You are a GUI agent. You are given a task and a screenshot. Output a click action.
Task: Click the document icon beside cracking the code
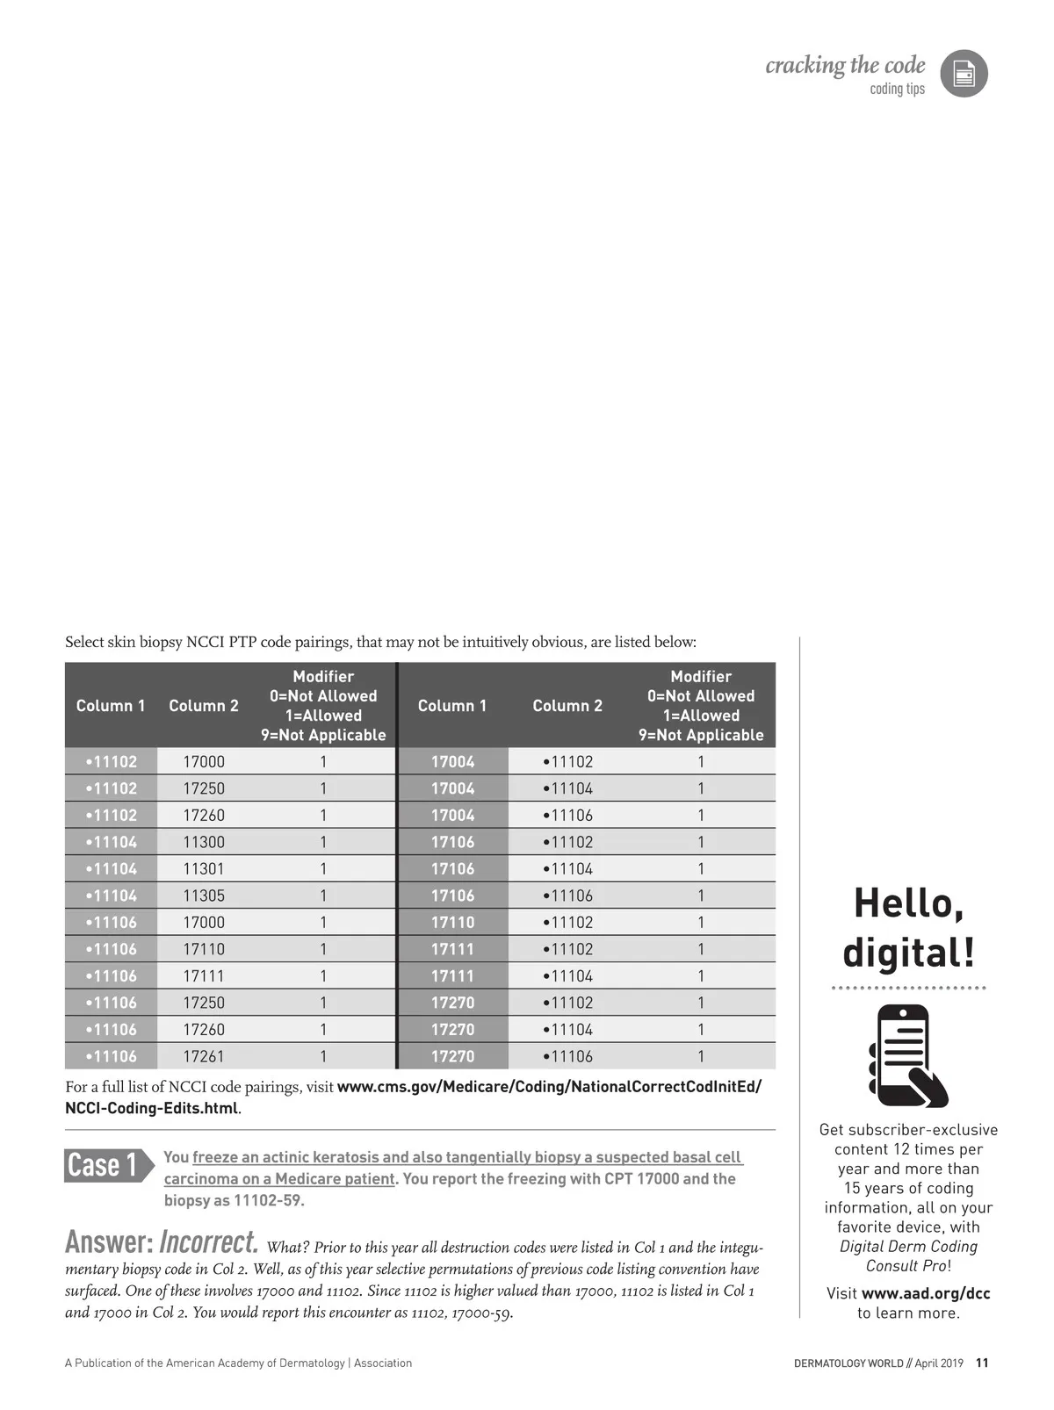[x=964, y=74]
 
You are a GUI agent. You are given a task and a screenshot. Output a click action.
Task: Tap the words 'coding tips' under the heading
[x=897, y=89]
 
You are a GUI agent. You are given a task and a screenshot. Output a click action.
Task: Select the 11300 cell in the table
[x=204, y=842]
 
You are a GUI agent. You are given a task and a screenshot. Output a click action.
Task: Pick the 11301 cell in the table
[x=204, y=868]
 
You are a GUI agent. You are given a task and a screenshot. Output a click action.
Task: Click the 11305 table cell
[x=204, y=896]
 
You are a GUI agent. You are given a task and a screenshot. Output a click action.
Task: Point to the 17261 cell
[x=204, y=1056]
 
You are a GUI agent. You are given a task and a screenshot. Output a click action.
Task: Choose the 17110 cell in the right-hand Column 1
[x=452, y=922]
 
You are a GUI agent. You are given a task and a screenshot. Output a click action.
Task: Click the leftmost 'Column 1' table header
[x=111, y=706]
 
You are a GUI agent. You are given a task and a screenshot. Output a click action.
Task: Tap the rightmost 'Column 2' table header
[x=567, y=706]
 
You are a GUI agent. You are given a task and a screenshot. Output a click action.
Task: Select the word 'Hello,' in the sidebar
[x=908, y=903]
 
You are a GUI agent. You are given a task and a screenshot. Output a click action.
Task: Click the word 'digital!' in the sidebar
[x=908, y=953]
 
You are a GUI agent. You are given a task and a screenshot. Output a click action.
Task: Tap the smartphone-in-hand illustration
[x=908, y=1055]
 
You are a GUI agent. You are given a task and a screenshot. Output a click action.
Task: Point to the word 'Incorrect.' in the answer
[x=209, y=1242]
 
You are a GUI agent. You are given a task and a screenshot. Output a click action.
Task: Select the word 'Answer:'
[x=109, y=1242]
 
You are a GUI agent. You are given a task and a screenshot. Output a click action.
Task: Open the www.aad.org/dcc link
[x=926, y=1293]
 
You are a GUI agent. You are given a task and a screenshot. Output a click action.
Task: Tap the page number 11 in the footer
[x=982, y=1363]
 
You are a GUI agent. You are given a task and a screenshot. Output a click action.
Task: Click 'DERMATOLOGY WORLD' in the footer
[x=848, y=1363]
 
